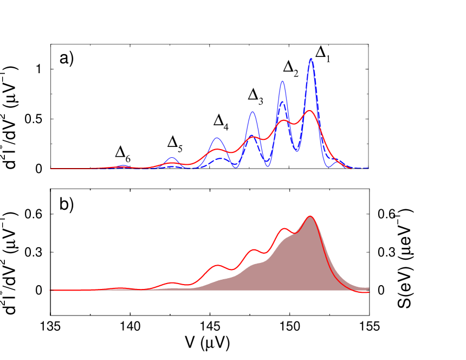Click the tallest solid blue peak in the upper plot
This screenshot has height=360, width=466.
coord(311,59)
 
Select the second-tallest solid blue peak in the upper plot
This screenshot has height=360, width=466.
coord(282,81)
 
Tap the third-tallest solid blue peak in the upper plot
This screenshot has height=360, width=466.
coord(253,112)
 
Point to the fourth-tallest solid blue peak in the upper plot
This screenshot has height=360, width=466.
coord(217,138)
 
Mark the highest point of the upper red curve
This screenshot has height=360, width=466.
coord(309,111)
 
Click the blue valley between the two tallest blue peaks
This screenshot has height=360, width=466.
coord(296,150)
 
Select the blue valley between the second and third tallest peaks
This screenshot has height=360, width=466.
coord(267,165)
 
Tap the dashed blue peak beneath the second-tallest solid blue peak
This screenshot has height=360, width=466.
coord(282,102)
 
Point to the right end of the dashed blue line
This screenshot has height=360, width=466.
coord(369,168)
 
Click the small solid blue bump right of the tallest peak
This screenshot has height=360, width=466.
coord(339,161)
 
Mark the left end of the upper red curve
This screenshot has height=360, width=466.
coord(50,169)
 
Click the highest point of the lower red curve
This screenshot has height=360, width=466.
coord(310,216)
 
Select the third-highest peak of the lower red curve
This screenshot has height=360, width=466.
coord(253,250)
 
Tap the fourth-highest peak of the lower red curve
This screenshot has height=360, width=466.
coord(218,265)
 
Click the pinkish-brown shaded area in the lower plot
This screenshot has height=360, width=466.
coord(303,266)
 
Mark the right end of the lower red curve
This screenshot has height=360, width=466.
coord(369,293)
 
